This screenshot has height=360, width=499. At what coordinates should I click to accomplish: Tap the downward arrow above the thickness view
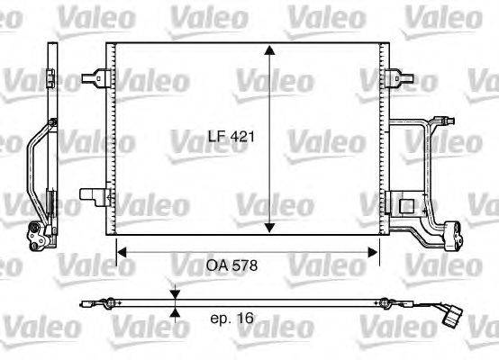point(176,292)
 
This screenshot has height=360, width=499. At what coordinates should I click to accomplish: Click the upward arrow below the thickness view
point(176,312)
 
